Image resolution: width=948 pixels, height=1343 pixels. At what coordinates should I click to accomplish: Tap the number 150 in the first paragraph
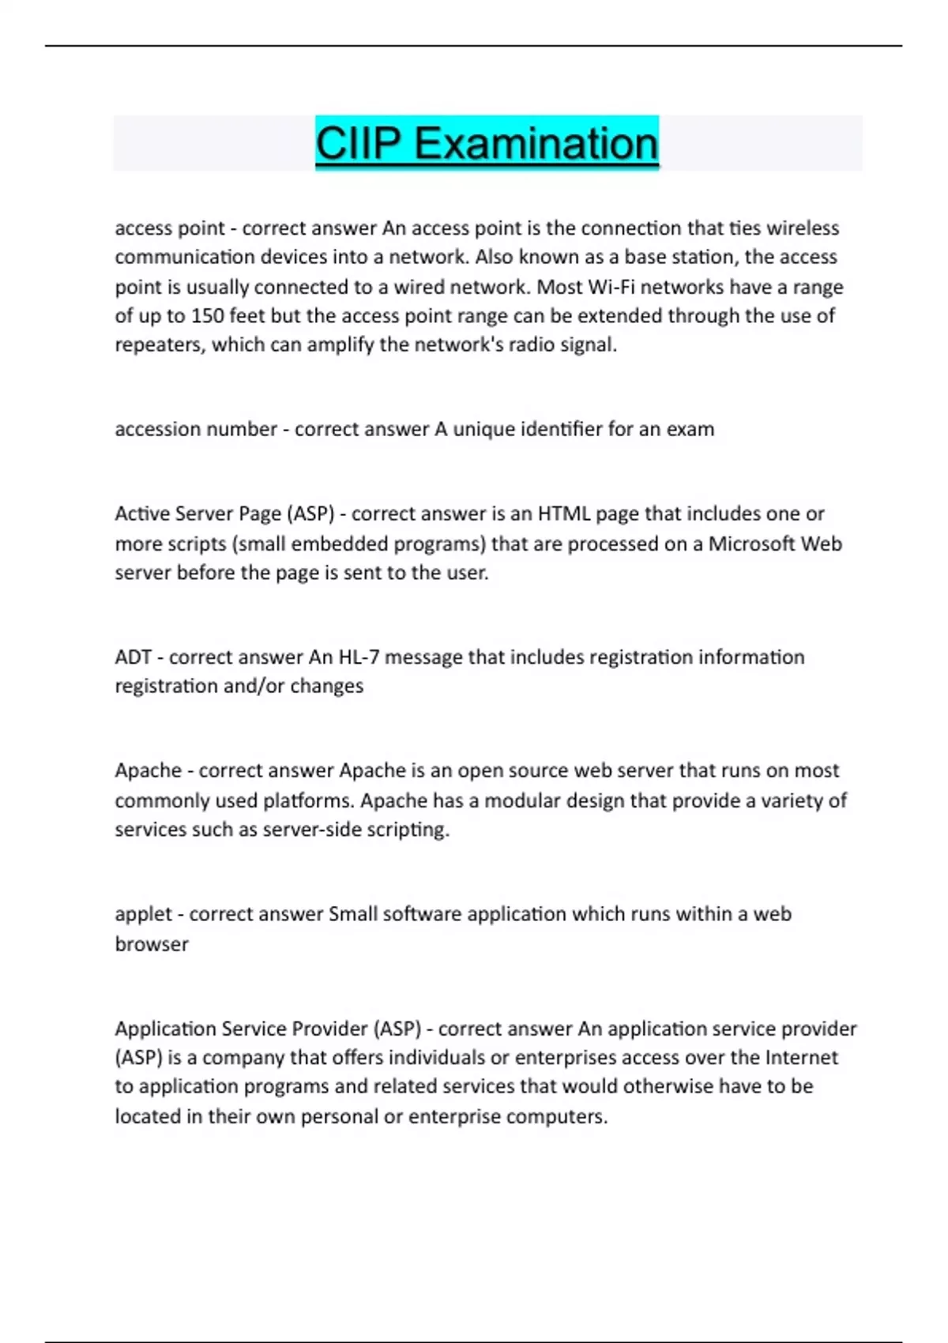pyautogui.click(x=208, y=316)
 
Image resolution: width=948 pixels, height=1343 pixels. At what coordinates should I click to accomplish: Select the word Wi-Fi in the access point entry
pyautogui.click(x=611, y=287)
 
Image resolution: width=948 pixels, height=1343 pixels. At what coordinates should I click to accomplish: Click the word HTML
pyautogui.click(x=564, y=514)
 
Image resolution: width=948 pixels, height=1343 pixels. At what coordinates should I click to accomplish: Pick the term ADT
pyautogui.click(x=133, y=657)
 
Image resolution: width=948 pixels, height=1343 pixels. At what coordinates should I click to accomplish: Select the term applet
pyautogui.click(x=143, y=914)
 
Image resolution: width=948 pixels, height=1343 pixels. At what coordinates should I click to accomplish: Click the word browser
pyautogui.click(x=152, y=944)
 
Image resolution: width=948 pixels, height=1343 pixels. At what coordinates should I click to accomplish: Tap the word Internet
pyautogui.click(x=800, y=1058)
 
